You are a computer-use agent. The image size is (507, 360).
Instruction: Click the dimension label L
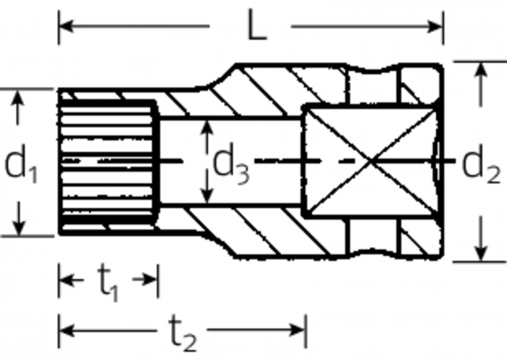[255, 27]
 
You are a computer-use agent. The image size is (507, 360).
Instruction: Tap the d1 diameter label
[22, 165]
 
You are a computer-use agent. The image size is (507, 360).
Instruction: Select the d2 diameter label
[481, 165]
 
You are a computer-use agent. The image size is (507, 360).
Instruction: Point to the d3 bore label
[230, 165]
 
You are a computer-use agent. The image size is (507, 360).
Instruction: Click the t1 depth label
[109, 282]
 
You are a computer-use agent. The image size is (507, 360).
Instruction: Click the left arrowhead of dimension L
[64, 26]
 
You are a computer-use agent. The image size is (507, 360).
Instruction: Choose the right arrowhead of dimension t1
[151, 280]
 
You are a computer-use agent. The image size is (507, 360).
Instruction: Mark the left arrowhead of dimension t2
[64, 331]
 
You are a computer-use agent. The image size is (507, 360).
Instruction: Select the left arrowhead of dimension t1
[64, 280]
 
